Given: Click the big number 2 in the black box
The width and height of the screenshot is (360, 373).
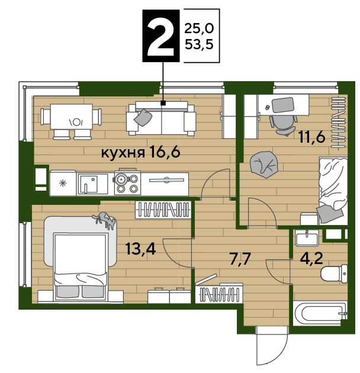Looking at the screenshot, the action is click(160, 36).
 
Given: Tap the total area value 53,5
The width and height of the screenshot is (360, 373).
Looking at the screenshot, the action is click(199, 44).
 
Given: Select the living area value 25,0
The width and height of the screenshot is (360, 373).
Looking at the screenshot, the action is click(199, 28).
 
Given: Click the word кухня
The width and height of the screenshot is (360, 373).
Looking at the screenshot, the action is click(123, 153).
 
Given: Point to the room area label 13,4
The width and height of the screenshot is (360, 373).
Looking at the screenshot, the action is click(140, 249).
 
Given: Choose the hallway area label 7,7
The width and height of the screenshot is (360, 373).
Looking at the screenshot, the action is click(240, 259).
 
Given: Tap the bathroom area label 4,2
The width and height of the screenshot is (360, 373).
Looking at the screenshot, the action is click(311, 258).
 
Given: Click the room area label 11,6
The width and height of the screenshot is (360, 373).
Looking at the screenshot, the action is click(311, 137).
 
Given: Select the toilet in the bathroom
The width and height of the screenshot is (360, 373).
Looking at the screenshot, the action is click(334, 274).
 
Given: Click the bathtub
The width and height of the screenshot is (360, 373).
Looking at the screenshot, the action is click(320, 313).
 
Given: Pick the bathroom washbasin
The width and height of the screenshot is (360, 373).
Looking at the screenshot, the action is click(307, 238).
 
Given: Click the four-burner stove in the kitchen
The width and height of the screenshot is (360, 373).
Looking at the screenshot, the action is click(127, 183).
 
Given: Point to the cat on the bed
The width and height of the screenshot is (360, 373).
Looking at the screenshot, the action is click(105, 220).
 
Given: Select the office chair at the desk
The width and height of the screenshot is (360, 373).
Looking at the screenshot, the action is click(284, 124).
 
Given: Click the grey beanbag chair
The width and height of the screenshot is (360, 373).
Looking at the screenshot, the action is click(264, 165).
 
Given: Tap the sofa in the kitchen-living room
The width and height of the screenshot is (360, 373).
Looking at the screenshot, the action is click(162, 118).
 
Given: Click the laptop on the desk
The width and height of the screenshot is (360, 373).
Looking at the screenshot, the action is click(282, 105).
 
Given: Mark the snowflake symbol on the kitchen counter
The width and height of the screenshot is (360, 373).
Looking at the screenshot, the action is click(63, 184).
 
